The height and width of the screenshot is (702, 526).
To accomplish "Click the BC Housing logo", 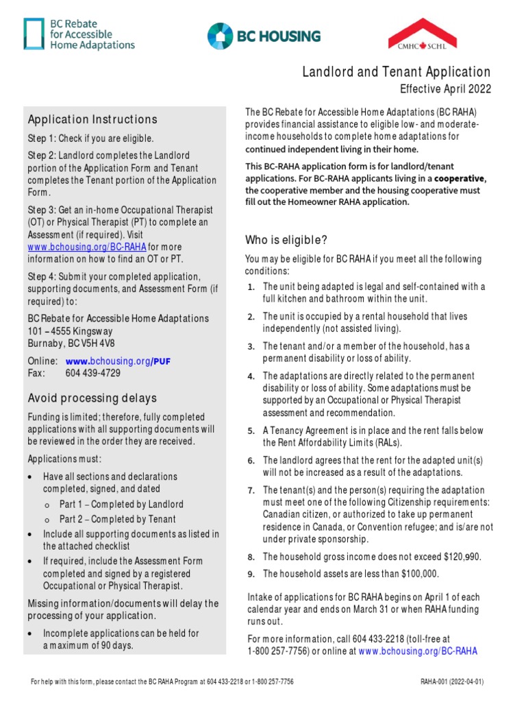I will [x=264, y=36].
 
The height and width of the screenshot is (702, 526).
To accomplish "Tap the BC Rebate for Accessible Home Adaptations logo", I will [x=79, y=34].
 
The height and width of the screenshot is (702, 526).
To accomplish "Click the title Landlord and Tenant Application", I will [x=397, y=72].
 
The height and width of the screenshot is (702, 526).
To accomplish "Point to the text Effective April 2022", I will [x=445, y=89].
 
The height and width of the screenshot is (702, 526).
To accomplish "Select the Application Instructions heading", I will [x=92, y=119].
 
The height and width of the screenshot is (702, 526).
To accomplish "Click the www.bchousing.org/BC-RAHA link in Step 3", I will [x=87, y=247].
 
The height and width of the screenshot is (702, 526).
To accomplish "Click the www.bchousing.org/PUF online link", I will [x=118, y=361].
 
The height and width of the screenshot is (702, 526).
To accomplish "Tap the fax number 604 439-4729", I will [x=93, y=373].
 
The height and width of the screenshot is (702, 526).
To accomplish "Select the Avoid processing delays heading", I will [x=92, y=398].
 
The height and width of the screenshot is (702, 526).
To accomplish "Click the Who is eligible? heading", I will [x=286, y=240].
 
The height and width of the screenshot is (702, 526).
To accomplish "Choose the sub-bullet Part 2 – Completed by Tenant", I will [x=118, y=519].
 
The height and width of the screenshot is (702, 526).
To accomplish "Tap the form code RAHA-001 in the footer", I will [x=436, y=682].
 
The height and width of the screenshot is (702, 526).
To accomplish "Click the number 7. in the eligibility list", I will [x=251, y=491].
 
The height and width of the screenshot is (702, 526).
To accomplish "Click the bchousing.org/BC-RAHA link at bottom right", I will [x=418, y=651].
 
